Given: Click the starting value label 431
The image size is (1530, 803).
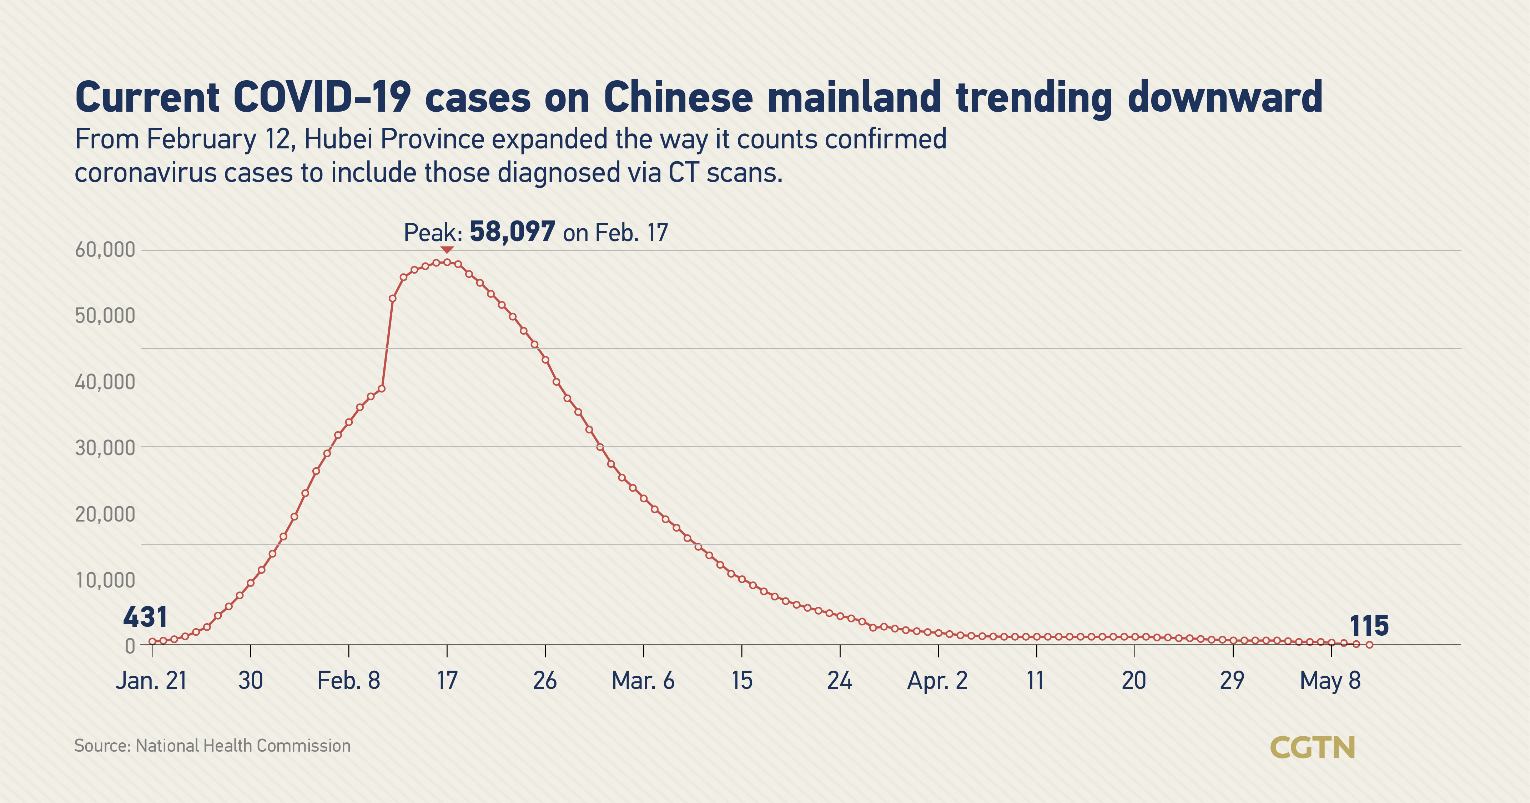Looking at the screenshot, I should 145,617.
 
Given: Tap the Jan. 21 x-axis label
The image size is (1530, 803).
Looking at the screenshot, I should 151,680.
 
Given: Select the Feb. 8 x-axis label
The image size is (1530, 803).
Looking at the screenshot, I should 349,680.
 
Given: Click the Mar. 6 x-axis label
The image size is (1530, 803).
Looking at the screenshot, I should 643,680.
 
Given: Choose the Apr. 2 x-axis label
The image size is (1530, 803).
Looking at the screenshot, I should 937,680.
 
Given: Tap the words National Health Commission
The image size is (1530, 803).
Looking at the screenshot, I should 243,746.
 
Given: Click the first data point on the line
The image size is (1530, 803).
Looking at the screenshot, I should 152,641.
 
